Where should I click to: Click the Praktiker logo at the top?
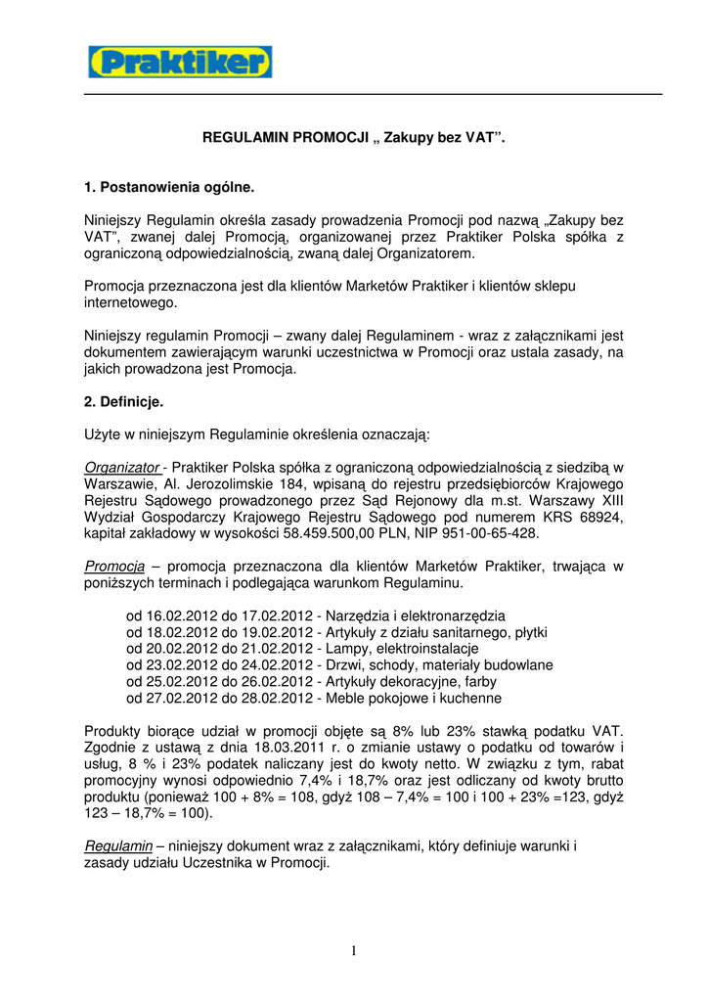(180, 63)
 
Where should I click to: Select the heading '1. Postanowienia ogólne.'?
(168, 185)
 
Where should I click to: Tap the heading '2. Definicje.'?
(124, 401)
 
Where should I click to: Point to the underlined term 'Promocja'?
(114, 566)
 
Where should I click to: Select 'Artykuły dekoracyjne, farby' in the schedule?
(415, 682)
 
